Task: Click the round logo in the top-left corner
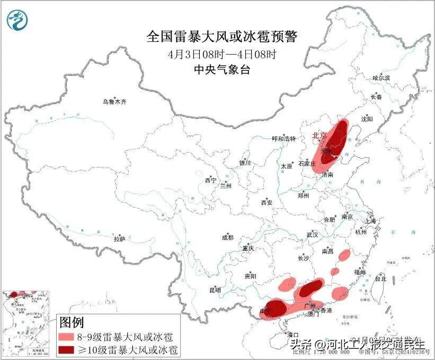pyautogui.click(x=17, y=20)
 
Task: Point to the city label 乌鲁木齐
pyautogui.click(x=115, y=101)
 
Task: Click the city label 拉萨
pyautogui.click(x=119, y=239)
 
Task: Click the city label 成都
pyautogui.click(x=228, y=238)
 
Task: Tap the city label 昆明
pyautogui.click(x=215, y=290)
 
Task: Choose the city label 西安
pyautogui.click(x=266, y=203)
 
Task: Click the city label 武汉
pyautogui.click(x=312, y=234)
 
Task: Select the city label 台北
pyautogui.click(x=380, y=278)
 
